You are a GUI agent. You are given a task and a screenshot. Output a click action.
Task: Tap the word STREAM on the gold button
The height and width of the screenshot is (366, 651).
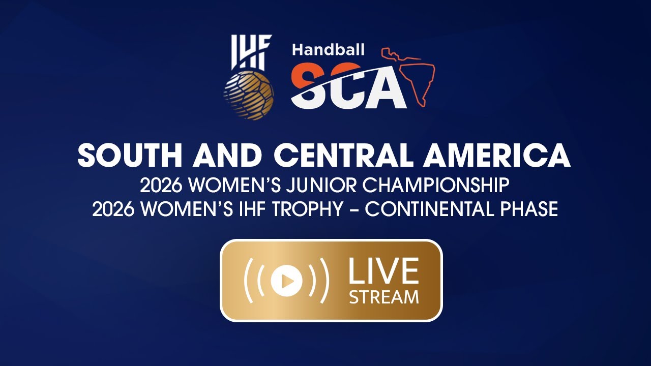(383, 296)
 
